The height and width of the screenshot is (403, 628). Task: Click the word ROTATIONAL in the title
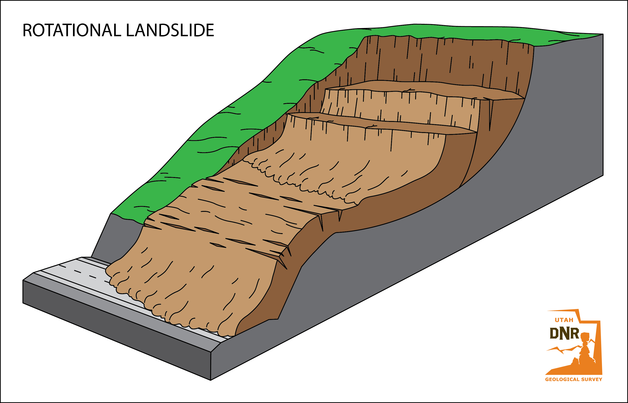pos(71,30)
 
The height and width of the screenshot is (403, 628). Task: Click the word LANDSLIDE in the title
pos(170,30)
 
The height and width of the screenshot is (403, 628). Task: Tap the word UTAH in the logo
pos(564,320)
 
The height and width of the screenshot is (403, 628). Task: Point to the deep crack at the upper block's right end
pos(490,115)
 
